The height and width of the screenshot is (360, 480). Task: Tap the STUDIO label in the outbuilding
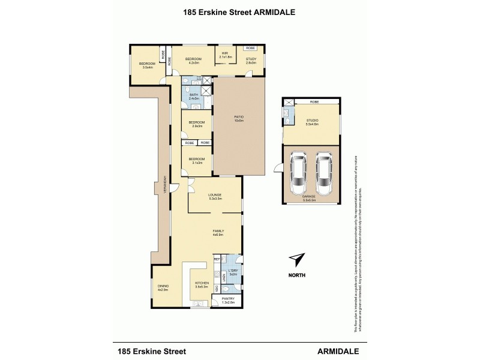[311, 121]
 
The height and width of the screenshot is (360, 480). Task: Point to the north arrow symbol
[296, 259]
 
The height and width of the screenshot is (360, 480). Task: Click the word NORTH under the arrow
[296, 275]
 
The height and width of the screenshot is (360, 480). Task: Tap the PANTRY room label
[228, 299]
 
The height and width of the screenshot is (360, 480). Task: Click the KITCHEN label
[200, 284]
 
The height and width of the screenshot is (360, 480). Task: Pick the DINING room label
[163, 286]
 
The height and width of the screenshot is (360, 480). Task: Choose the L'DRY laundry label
[233, 272]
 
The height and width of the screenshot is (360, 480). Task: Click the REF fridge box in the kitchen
[217, 259]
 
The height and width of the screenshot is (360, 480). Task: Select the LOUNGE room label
[215, 195]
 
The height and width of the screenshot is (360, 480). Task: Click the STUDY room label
[251, 59]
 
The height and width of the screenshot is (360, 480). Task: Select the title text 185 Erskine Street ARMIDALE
[239, 11]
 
